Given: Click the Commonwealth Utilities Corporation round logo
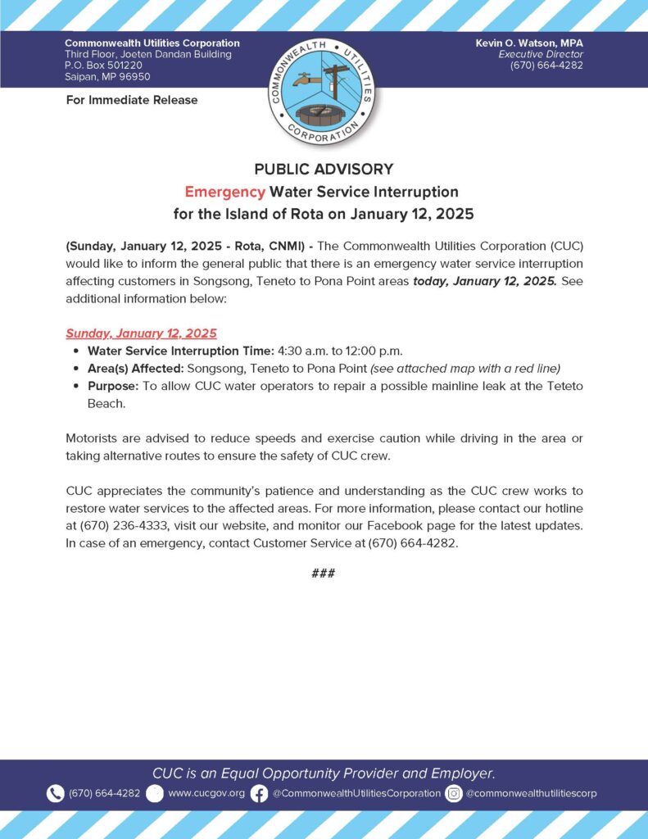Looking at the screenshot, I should [x=323, y=89].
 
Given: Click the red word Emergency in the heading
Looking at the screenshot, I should [x=224, y=192].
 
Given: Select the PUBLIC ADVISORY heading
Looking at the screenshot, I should [x=324, y=170].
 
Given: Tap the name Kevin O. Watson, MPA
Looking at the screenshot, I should [x=529, y=43].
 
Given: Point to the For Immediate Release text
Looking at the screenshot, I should [x=131, y=100].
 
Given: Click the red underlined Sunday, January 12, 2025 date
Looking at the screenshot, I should [x=141, y=333].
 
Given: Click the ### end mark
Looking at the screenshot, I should [x=324, y=573].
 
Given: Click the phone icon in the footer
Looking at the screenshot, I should [x=55, y=793].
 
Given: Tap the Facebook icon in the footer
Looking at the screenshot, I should [x=259, y=793].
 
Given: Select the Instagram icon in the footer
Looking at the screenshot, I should [x=453, y=793].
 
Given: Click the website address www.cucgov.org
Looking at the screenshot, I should [x=206, y=793].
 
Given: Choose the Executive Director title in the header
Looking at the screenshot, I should [x=544, y=54].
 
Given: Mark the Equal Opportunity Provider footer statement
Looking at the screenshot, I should [x=324, y=773].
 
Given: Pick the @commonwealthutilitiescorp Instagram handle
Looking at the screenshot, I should [x=532, y=793].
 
